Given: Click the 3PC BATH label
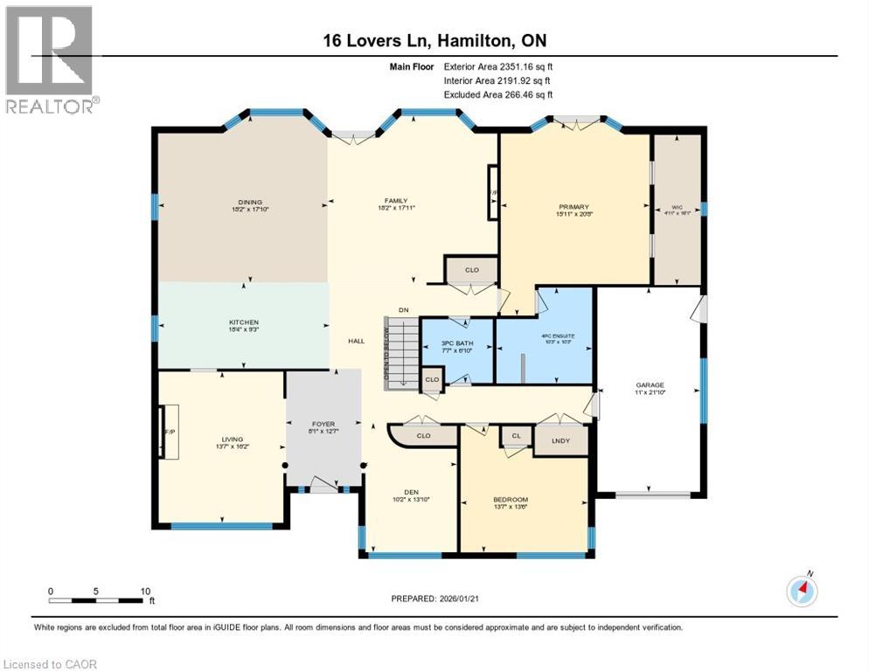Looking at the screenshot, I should (x=457, y=343).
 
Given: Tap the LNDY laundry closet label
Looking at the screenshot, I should (x=560, y=440).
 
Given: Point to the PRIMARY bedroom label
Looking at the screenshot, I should (x=574, y=207).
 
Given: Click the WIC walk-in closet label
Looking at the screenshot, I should (x=678, y=207).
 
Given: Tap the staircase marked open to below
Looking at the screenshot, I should (x=402, y=351).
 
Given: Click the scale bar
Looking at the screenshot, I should (x=96, y=600).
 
